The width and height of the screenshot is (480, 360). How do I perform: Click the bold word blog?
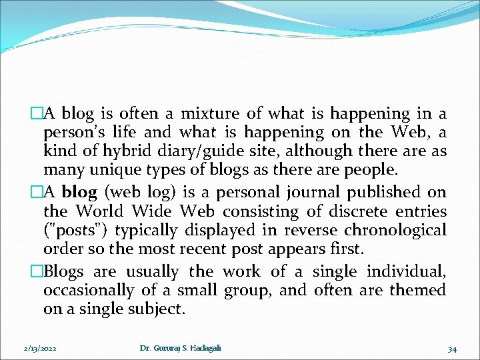(79, 192)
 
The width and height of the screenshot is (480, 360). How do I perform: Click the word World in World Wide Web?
(100, 211)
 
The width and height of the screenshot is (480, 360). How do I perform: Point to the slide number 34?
(452, 349)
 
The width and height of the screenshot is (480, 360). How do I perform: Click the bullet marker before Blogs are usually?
(37, 271)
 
